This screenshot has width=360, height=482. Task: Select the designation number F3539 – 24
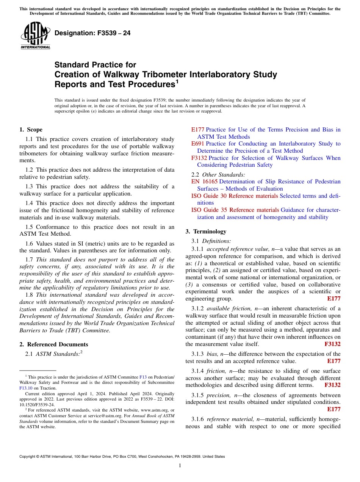pos(92,33)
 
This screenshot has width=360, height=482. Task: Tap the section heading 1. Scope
pos(31,130)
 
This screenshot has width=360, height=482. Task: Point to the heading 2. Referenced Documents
pos(53,344)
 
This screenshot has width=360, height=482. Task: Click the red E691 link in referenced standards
pos(197,144)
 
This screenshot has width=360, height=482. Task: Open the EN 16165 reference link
pos(204,182)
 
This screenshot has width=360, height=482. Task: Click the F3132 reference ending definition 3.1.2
pos(332,344)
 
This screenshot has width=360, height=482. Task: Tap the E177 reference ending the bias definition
pos(333,361)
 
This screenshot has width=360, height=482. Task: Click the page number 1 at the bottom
pos(180,465)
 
